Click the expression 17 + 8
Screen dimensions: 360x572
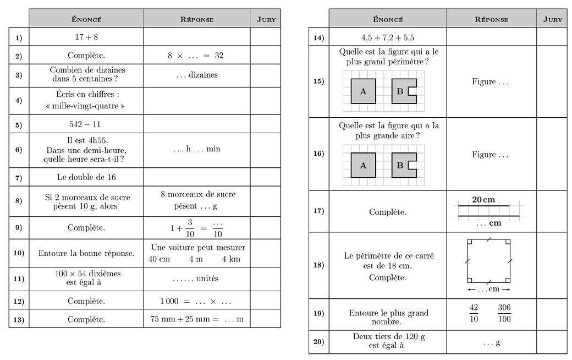pyautogui.click(x=86, y=37)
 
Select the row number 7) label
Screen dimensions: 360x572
pyautogui.click(x=19, y=178)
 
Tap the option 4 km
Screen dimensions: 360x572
pyautogui.click(x=231, y=259)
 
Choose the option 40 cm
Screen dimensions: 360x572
pyautogui.click(x=159, y=259)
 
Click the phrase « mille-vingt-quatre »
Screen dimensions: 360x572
pyautogui.click(x=86, y=106)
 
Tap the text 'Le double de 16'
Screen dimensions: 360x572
pyautogui.click(x=86, y=177)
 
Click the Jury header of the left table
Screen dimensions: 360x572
pyautogui.click(x=266, y=19)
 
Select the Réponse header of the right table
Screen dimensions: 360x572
pyautogui.click(x=491, y=19)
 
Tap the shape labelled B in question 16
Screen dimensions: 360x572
pyautogui.click(x=401, y=165)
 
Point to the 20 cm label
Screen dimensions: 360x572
pyautogui.click(x=484, y=199)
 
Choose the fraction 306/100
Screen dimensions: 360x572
pyautogui.click(x=504, y=313)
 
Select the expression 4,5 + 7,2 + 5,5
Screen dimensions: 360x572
pyautogui.click(x=387, y=38)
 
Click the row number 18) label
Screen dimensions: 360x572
pyautogui.click(x=318, y=265)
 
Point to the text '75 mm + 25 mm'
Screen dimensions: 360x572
pyautogui.click(x=180, y=319)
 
